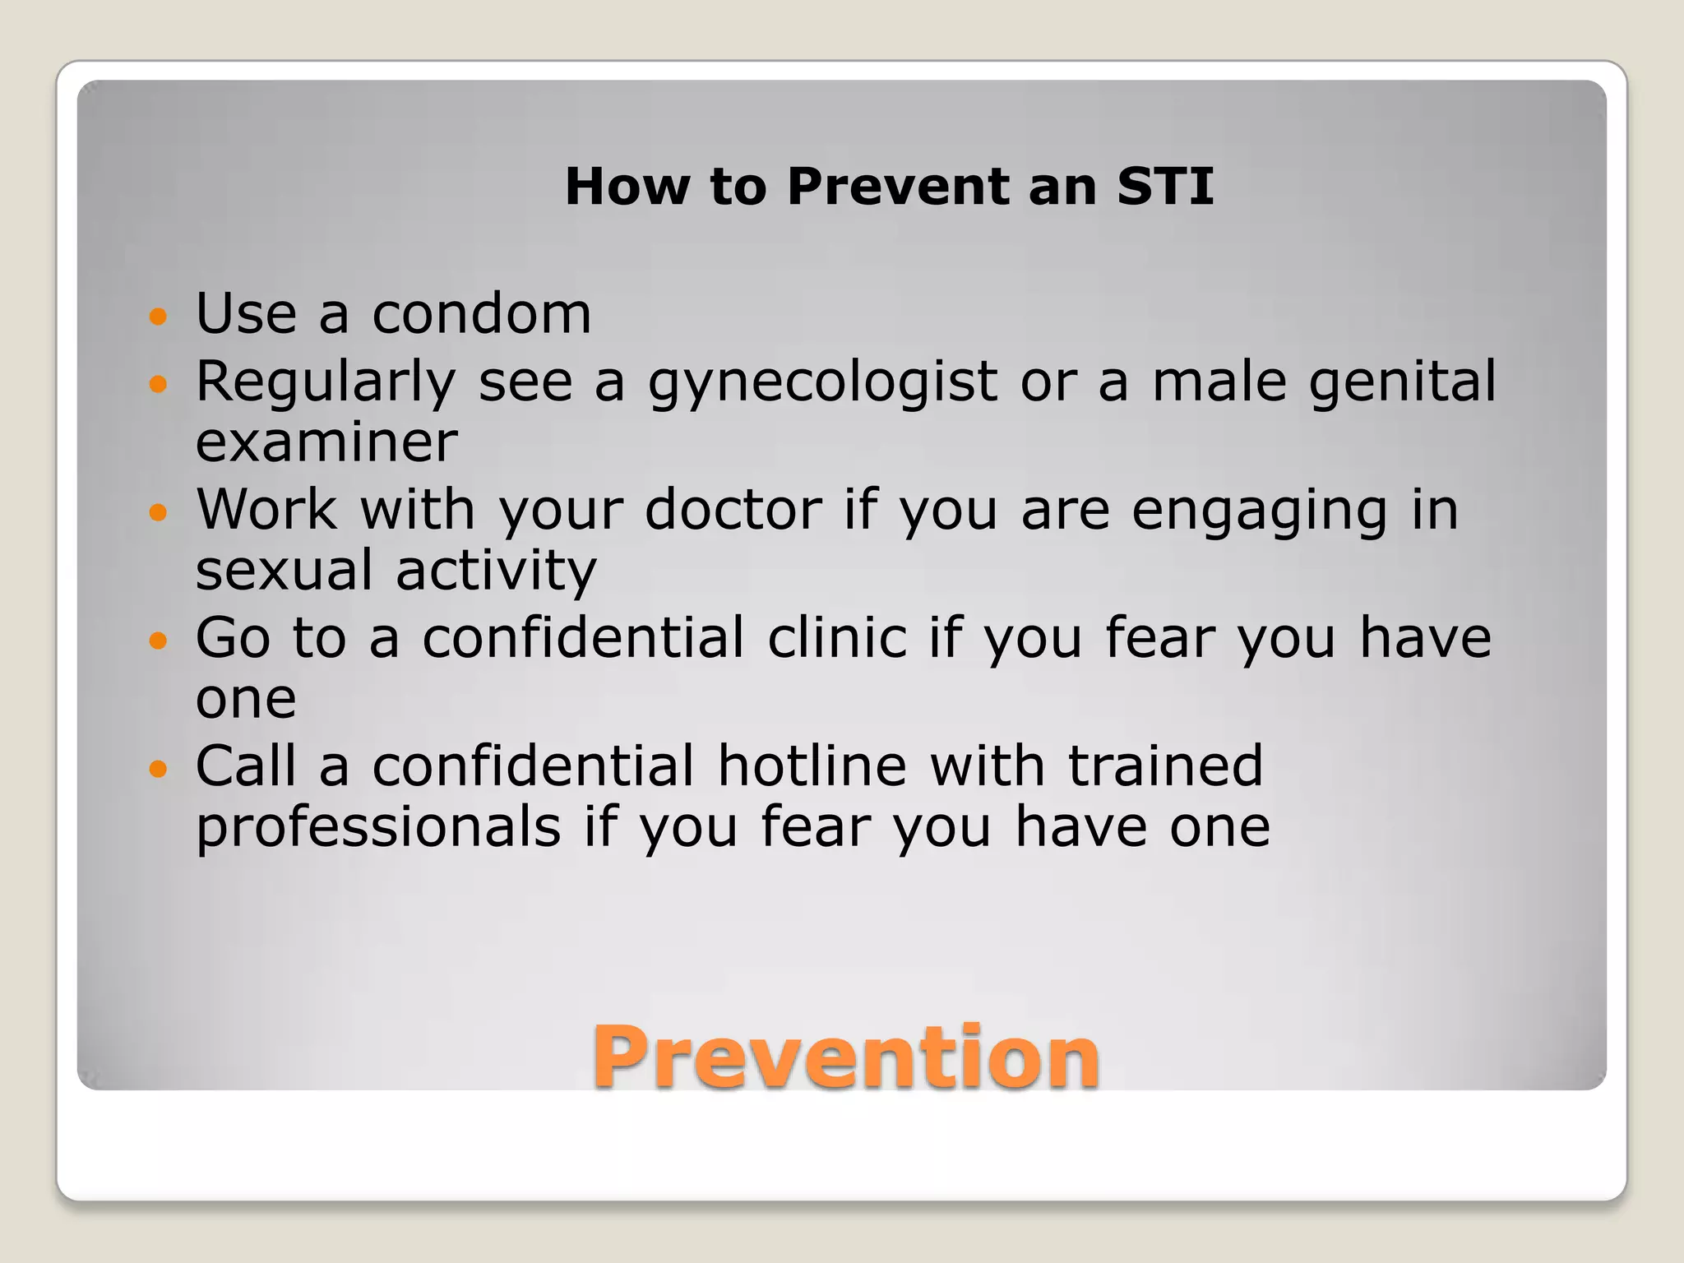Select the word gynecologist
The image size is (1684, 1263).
(822, 383)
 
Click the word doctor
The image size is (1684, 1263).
(733, 510)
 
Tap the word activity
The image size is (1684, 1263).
(496, 571)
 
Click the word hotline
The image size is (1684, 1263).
(812, 766)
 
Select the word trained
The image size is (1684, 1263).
(1165, 766)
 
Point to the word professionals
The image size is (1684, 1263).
(378, 827)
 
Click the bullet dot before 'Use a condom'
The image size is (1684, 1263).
(158, 316)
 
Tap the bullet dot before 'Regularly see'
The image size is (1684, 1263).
(158, 383)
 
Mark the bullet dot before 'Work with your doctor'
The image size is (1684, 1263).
(158, 512)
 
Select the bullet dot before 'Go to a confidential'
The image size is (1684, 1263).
(158, 640)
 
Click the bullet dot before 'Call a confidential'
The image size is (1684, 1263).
(158, 769)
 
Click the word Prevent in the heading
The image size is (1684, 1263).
(897, 186)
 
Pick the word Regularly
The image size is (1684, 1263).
(326, 383)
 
